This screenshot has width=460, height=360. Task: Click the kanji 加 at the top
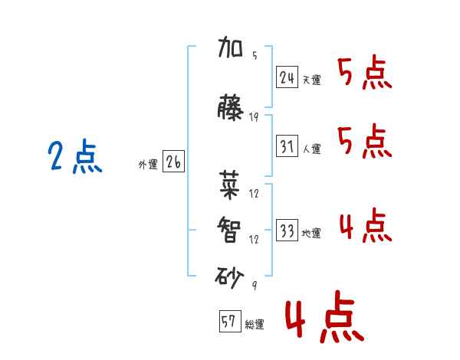pos(230,47)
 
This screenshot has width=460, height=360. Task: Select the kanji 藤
pos(230,107)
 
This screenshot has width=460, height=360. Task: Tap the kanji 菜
pos(229,185)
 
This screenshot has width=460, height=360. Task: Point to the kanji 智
pos(229,230)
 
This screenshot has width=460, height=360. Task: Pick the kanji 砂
pos(229,277)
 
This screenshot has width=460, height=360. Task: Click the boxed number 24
pos(287,77)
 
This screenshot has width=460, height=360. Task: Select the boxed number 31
pos(287,146)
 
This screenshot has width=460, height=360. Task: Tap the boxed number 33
pos(287,230)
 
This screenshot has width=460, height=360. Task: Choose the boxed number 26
pos(173,162)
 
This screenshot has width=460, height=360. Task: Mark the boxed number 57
pos(230,321)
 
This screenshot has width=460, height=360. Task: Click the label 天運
pos(311,80)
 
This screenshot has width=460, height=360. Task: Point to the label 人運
pos(311,149)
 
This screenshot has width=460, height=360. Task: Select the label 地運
pos(311,233)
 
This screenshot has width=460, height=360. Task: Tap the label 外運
pos(148,165)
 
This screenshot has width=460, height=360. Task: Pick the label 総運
pos(255,324)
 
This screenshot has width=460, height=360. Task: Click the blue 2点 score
pos(75,156)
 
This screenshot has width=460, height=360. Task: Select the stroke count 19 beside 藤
pos(254,117)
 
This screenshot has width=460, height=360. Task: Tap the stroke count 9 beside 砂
pos(255,285)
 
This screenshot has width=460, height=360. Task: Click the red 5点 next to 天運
pos(365,72)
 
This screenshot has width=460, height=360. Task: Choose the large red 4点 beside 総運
pos(325,317)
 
